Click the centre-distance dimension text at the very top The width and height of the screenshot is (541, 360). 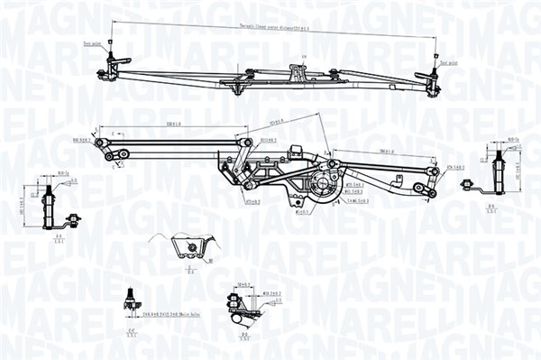pos(270,29)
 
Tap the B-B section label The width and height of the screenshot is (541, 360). pos(491,208)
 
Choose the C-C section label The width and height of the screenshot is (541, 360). pos(132,333)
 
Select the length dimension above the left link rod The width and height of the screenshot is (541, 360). pos(179,125)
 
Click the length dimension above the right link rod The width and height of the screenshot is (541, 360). pos(365,151)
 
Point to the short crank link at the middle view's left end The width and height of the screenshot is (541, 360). pos(113,150)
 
